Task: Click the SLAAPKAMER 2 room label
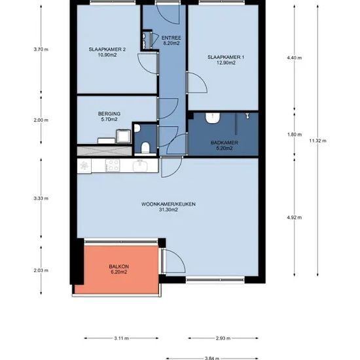pos(107,49)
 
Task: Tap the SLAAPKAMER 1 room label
pos(226,57)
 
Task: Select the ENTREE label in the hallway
pos(171,38)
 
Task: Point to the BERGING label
pos(109,114)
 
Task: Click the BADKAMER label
pos(225,143)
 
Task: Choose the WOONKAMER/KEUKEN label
pos(168,204)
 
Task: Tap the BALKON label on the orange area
pos(118,266)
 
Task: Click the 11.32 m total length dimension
pos(317,141)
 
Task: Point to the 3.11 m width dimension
pos(122,338)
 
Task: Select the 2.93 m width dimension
pos(223,338)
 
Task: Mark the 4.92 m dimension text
pos(295,217)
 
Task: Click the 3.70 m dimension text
pos(41,49)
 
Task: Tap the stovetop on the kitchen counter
pos(113,166)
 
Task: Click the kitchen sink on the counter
pos(140,166)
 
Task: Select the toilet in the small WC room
pos(145,148)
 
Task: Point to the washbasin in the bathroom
pos(213,118)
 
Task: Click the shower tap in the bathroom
pos(247,116)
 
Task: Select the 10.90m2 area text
pos(107,55)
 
